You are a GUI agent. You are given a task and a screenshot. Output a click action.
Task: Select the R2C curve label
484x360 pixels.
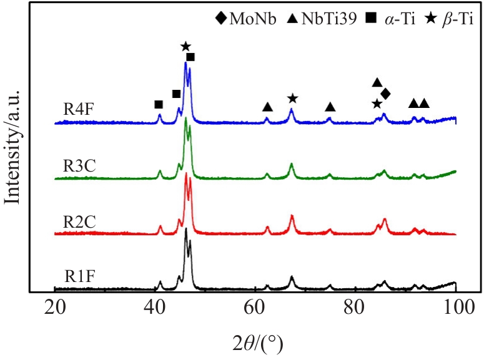79,221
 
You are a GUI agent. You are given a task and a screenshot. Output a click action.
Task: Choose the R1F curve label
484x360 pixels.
79,275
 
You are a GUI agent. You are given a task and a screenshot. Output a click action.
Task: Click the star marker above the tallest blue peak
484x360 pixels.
185,46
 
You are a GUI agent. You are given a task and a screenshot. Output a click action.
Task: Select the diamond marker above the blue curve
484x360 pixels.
385,94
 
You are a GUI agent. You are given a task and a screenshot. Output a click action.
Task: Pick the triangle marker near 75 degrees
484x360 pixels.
330,107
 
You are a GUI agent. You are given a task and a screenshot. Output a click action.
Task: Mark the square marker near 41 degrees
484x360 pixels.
159,104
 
